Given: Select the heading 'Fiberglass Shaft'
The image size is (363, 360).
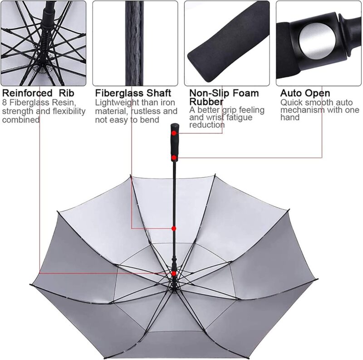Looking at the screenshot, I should tap(133, 93).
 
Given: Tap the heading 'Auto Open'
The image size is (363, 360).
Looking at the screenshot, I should tap(305, 93).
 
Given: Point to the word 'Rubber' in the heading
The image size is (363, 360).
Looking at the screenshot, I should tap(206, 102).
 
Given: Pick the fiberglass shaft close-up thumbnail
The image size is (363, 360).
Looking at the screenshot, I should tap(135, 43).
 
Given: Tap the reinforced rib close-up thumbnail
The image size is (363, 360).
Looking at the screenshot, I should tap(43, 43).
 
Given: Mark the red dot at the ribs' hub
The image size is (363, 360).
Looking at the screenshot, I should tap(174, 273).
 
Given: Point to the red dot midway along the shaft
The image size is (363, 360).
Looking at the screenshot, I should tap(174, 229).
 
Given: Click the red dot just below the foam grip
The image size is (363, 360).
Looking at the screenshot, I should tap(174, 157).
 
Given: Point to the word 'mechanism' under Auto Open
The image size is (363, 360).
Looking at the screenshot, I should tap(302, 110).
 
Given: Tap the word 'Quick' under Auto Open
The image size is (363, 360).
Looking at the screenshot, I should tap(291, 103).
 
